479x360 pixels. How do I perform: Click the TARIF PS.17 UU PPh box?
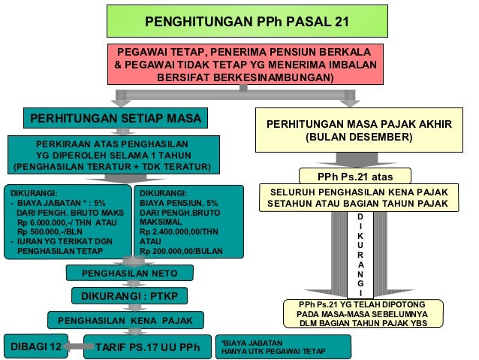147,346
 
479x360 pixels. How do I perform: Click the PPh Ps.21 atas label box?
355,177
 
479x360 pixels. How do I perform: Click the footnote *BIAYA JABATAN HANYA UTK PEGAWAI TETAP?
283,347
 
